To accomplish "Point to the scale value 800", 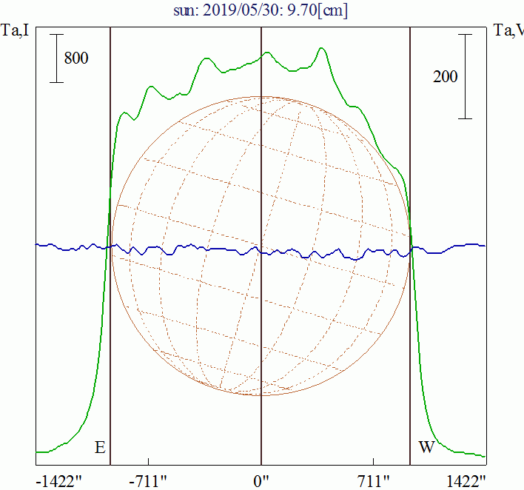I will click(76, 58).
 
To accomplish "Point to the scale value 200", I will click(445, 76).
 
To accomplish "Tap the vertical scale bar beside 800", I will click(56, 58).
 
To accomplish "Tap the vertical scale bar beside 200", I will click(465, 76).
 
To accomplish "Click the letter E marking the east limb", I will click(99, 447).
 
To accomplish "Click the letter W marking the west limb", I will click(426, 447).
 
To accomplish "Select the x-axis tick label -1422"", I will click(58, 481).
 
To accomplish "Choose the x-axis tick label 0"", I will click(261, 481).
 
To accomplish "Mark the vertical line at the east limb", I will click(110, 333).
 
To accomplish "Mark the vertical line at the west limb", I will click(411, 333).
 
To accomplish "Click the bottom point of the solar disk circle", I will click(261, 395).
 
